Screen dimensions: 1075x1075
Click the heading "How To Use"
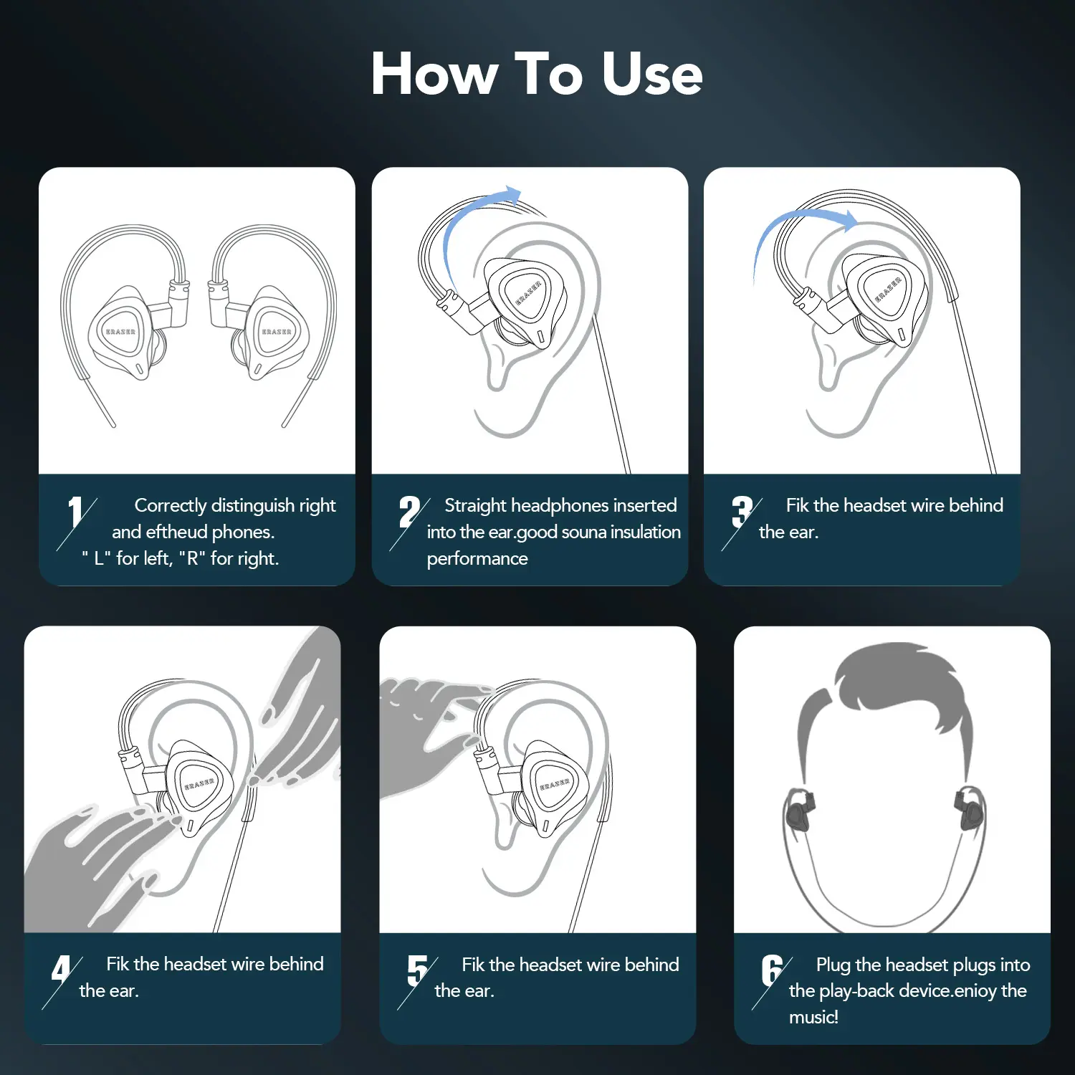[537, 74]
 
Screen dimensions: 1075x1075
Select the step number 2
[409, 512]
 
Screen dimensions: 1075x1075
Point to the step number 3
[742, 512]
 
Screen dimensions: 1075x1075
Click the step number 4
[61, 970]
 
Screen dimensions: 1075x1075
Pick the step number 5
[417, 970]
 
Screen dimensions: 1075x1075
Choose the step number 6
[772, 970]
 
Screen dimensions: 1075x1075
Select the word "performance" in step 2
[477, 559]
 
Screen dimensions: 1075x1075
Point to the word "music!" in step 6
[813, 1017]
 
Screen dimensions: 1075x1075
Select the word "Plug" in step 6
[833, 965]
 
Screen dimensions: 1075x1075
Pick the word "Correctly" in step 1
[171, 506]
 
